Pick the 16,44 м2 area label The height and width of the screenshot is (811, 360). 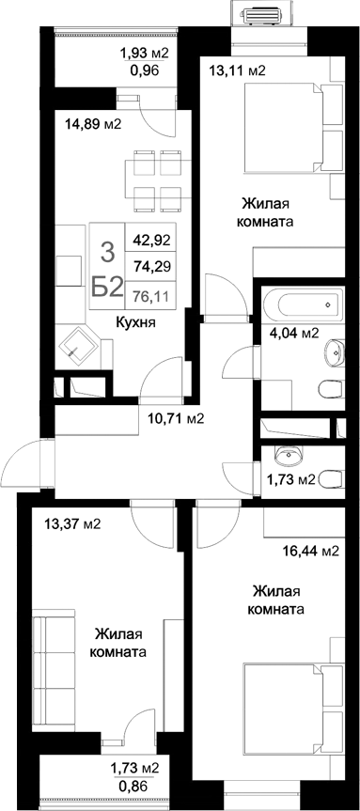(310, 552)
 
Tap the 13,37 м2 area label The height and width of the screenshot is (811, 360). (73, 523)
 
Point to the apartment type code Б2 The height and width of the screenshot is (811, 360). (107, 288)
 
